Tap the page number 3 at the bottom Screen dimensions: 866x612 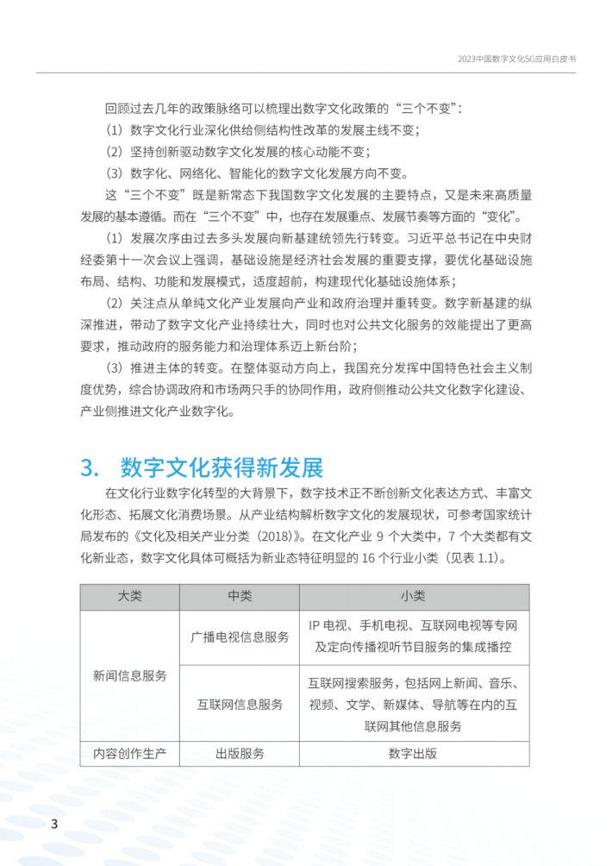53,823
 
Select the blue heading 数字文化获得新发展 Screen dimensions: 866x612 222,468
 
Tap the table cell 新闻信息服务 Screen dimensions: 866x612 129,675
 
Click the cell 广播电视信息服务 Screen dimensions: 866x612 239,637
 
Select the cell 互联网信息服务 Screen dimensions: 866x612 239,704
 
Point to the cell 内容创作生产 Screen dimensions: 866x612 129,753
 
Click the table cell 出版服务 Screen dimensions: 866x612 239,753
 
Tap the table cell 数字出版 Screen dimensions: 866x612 413,753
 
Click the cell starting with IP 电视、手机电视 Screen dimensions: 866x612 413,637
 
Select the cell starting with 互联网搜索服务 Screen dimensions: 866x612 413,704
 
